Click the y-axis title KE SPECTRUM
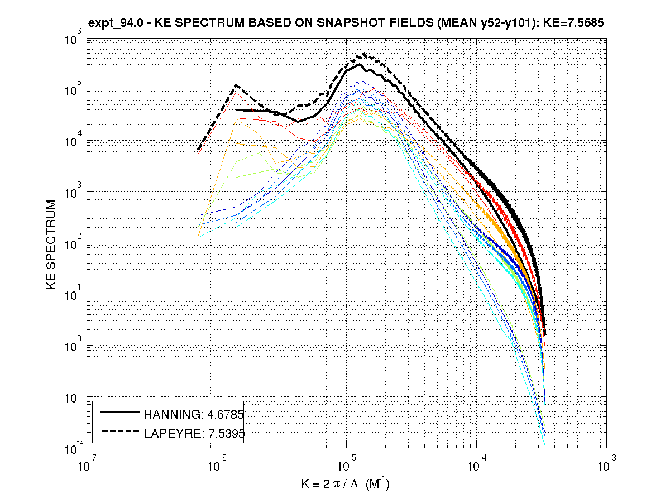[x=51, y=245]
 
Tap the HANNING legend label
[x=194, y=414]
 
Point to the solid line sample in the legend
[x=119, y=413]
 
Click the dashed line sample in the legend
[x=119, y=431]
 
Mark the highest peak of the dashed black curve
[x=364, y=54]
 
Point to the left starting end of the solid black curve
[x=237, y=110]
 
